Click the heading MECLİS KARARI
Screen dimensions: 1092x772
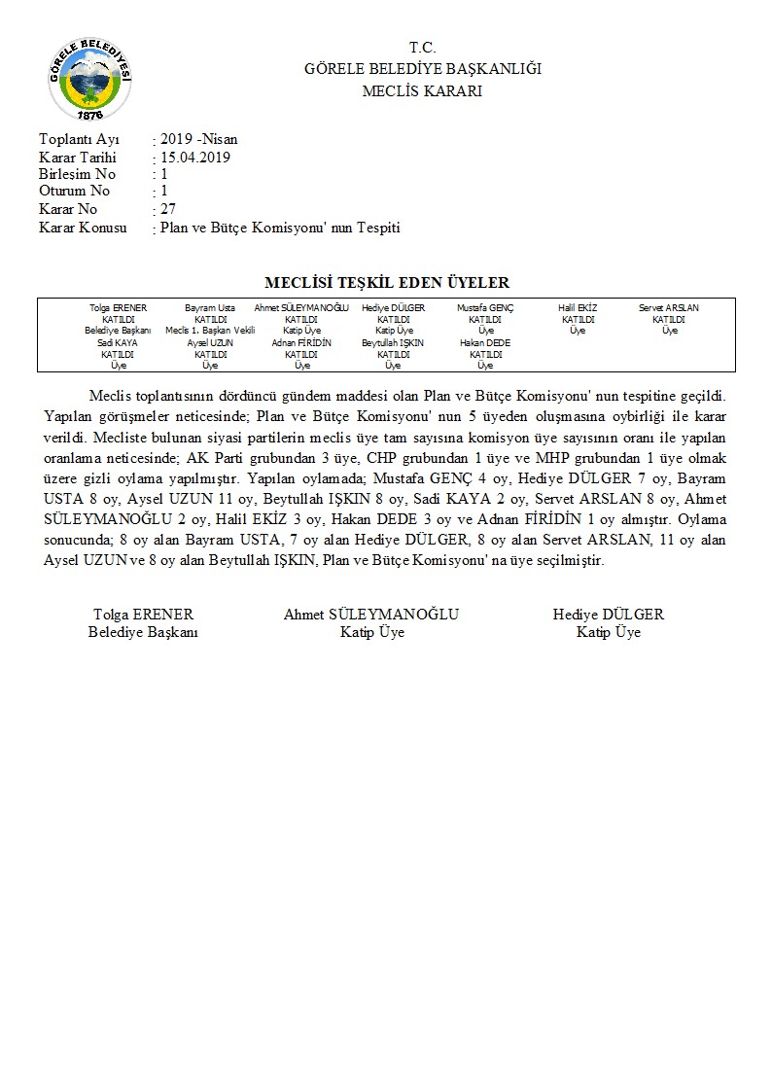click(x=422, y=91)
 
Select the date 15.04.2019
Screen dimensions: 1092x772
click(x=195, y=157)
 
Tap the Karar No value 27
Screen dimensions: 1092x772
click(x=168, y=209)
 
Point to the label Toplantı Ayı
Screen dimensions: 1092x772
click(x=79, y=139)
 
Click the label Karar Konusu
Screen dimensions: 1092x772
click(x=83, y=228)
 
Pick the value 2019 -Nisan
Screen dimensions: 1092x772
click(x=199, y=139)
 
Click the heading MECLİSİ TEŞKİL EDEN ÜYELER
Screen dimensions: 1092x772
click(x=387, y=283)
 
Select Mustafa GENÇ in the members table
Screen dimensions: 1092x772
click(x=485, y=308)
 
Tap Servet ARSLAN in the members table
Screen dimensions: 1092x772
click(x=669, y=308)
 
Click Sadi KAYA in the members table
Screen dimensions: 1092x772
click(x=118, y=343)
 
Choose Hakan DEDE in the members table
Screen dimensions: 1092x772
click(x=485, y=343)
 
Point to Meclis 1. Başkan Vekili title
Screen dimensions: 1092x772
click(x=210, y=331)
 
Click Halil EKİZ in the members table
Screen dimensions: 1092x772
click(x=578, y=308)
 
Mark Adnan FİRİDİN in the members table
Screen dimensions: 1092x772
click(x=301, y=343)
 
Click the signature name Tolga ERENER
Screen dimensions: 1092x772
click(x=143, y=615)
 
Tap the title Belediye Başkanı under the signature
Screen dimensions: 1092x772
click(x=143, y=632)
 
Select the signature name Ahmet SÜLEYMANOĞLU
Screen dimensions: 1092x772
click(x=371, y=615)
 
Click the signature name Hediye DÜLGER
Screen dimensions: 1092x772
click(x=609, y=615)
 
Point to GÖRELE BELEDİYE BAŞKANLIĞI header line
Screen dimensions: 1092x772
click(x=422, y=69)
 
